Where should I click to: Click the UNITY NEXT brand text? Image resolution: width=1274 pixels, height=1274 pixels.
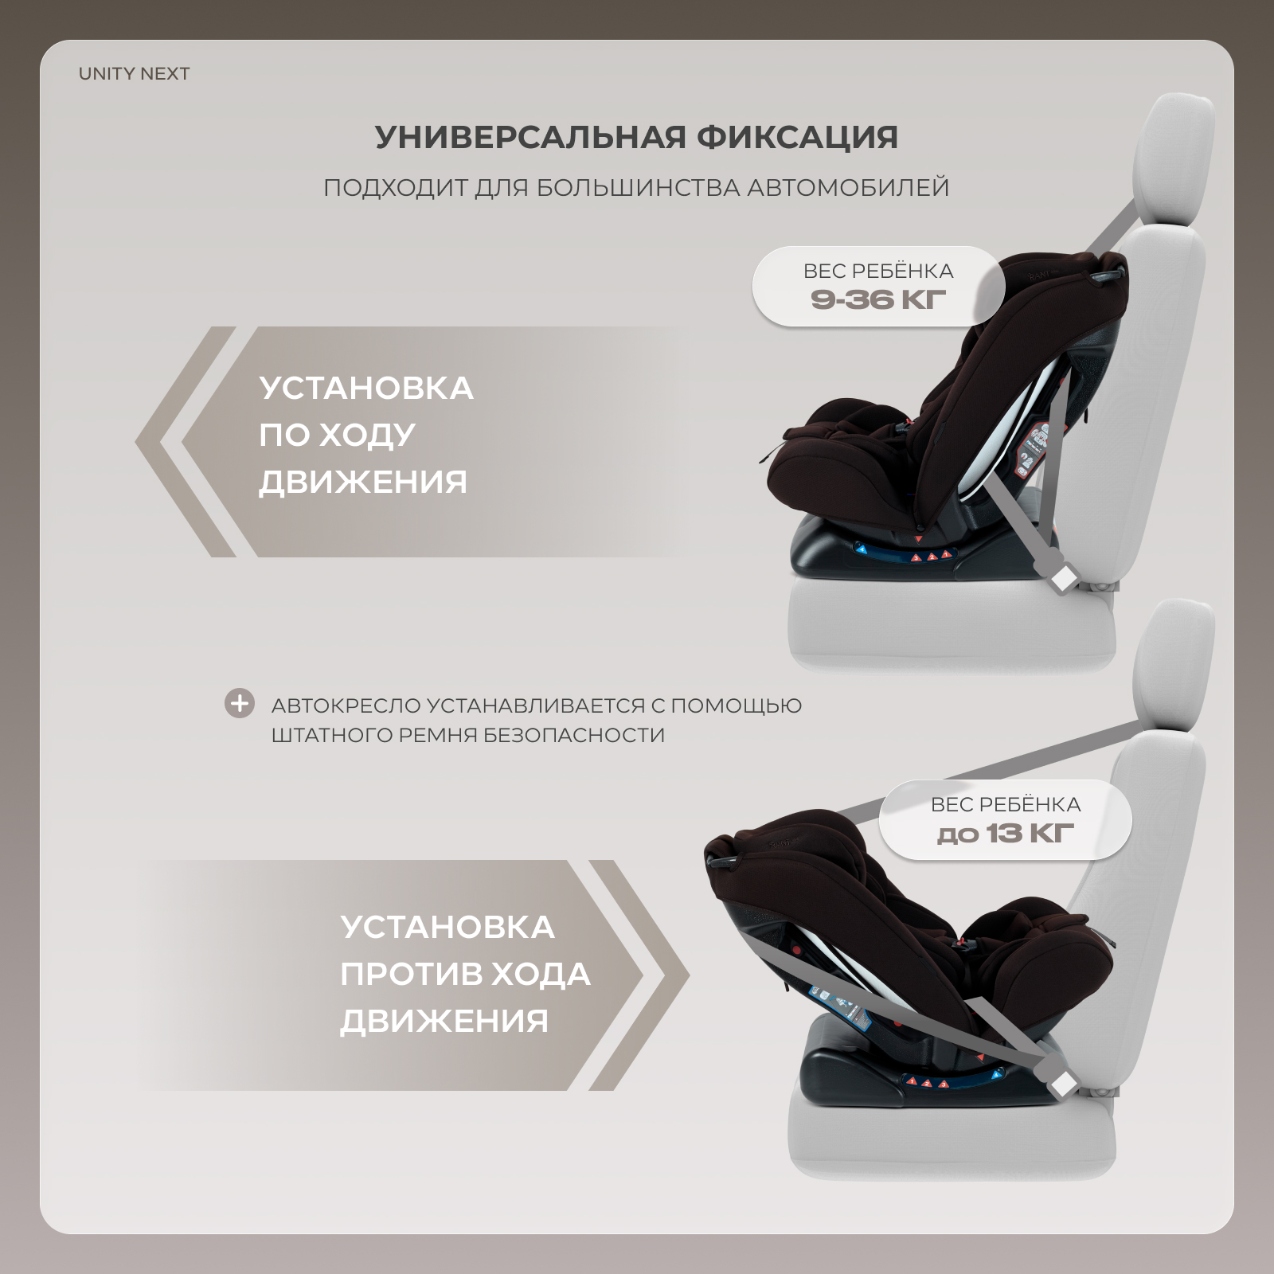click(x=134, y=74)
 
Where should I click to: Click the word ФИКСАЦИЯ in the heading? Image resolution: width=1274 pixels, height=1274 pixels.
click(x=798, y=138)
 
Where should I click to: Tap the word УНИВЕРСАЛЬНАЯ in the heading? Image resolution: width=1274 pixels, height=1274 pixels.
click(x=530, y=138)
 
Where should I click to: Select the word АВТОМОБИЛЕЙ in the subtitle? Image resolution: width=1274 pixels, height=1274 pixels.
click(x=848, y=188)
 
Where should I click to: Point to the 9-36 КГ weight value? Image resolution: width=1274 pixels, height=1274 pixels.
click(x=878, y=300)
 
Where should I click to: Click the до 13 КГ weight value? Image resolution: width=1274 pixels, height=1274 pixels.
click(x=1006, y=834)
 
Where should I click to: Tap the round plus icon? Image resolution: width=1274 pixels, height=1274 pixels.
click(x=239, y=704)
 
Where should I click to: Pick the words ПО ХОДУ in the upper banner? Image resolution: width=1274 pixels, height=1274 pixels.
click(x=337, y=435)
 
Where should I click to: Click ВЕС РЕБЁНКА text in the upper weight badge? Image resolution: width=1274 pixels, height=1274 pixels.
click(x=878, y=271)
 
